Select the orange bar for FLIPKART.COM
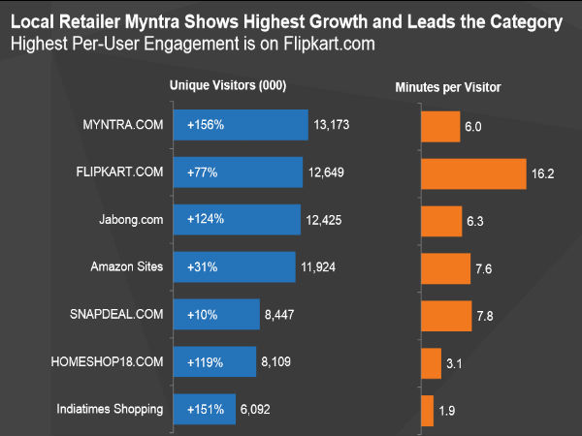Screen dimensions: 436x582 [473, 173]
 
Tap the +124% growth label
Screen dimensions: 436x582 [206, 220]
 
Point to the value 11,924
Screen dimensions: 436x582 [319, 266]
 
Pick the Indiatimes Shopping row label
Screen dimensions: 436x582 [110, 410]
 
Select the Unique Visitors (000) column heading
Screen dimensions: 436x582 [227, 86]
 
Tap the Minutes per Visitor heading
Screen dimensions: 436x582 [448, 87]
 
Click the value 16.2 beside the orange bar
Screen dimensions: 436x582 [544, 174]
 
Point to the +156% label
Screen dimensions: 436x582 [206, 125]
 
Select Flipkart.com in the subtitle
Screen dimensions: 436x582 [329, 44]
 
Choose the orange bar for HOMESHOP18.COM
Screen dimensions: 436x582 [431, 363]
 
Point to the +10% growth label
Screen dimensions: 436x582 [203, 315]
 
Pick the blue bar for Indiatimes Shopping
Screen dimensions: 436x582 [204, 410]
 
